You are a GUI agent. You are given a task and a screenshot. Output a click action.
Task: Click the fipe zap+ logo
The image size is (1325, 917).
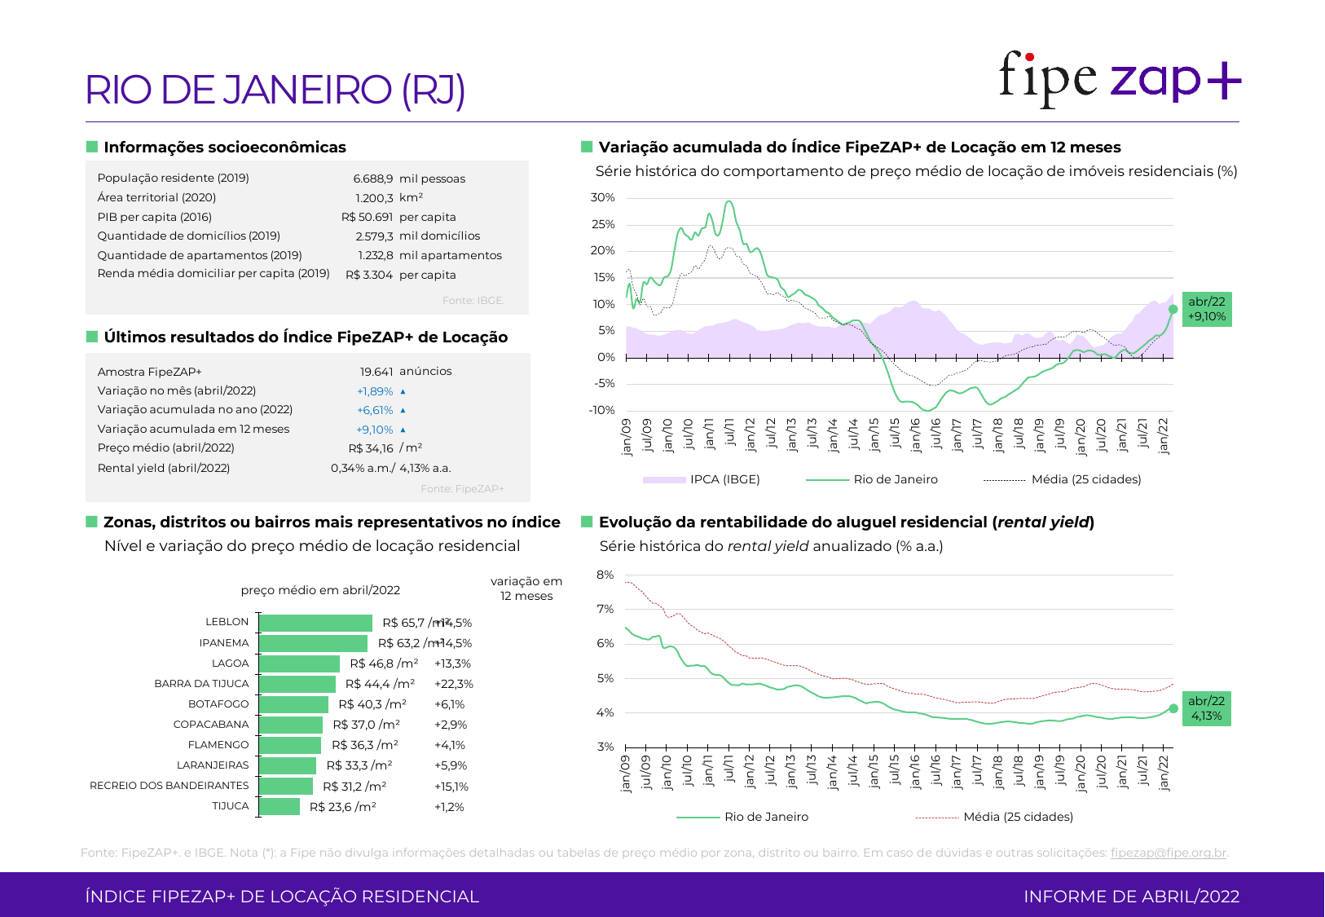[x=1119, y=78]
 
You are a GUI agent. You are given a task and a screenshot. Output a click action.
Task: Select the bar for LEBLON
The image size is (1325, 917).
[x=315, y=623]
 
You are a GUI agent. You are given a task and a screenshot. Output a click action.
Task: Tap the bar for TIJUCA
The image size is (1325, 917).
[x=280, y=807]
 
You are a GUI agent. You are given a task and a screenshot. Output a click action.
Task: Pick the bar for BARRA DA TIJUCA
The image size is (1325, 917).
[x=297, y=684]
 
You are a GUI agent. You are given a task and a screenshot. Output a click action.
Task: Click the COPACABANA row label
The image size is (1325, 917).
[x=211, y=725]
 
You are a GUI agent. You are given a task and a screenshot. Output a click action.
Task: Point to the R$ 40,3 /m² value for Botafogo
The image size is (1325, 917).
[x=372, y=704]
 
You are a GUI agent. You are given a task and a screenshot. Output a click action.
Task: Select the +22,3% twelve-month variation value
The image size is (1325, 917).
[x=454, y=684]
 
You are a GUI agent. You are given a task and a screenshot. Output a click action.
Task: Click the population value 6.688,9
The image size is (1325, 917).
[x=373, y=179]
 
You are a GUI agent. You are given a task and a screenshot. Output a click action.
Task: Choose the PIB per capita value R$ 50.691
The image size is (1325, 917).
[x=367, y=217]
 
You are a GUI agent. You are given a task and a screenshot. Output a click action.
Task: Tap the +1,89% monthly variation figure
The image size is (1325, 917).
[x=375, y=391]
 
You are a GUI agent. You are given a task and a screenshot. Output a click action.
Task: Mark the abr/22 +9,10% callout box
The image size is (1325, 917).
[x=1207, y=309]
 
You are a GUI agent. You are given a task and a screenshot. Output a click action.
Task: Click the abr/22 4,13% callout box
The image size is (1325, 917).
[x=1207, y=708]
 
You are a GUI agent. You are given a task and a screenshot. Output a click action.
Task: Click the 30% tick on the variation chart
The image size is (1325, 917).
[x=603, y=198]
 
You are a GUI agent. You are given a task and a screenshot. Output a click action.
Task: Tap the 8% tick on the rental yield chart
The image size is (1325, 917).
[x=605, y=575]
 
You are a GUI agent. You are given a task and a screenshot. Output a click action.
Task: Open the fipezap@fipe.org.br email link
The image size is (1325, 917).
[x=1168, y=853]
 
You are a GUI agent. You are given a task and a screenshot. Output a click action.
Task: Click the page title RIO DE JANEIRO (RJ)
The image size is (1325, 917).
[x=275, y=90]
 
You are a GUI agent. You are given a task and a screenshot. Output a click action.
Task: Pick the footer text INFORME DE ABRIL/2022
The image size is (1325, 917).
[x=1131, y=897]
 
